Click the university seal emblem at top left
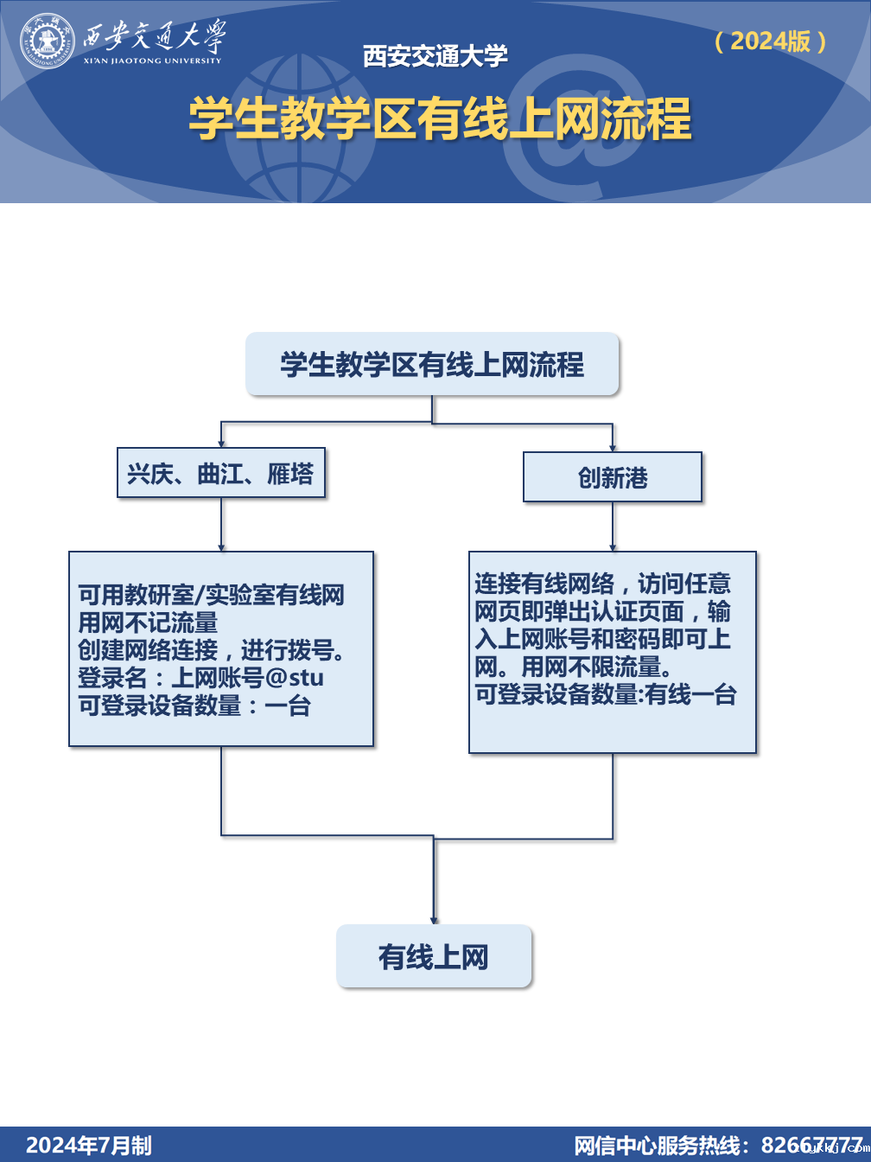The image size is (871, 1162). click(x=48, y=41)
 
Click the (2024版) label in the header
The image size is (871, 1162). click(x=771, y=41)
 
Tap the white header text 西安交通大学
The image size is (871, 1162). click(x=435, y=56)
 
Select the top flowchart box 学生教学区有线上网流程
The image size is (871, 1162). click(x=432, y=364)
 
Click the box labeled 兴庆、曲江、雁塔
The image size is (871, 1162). click(x=221, y=473)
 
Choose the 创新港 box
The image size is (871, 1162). click(x=612, y=477)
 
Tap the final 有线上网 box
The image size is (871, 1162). click(x=434, y=956)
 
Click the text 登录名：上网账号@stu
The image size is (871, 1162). click(x=200, y=678)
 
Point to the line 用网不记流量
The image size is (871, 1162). click(x=148, y=622)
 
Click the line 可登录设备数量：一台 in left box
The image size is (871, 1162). click(x=194, y=705)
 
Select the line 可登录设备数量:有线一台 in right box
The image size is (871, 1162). click(x=605, y=694)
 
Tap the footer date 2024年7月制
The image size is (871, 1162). click(x=88, y=1146)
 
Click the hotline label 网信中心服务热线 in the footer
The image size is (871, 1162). click(x=662, y=1146)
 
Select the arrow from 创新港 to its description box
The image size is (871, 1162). click(x=613, y=527)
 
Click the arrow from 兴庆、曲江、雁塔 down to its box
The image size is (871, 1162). click(x=221, y=525)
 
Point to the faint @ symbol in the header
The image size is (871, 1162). click(x=570, y=130)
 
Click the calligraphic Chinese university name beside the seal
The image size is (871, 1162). click(x=153, y=36)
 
